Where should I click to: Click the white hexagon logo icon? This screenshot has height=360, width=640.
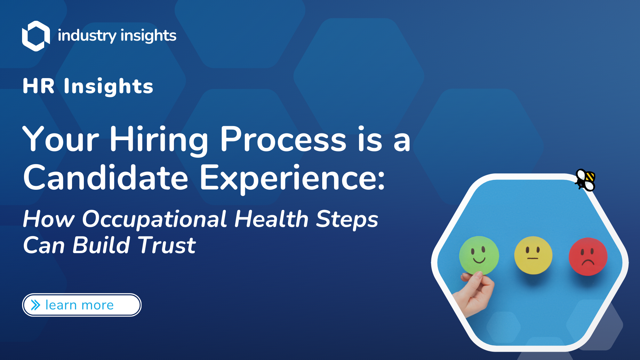click(36, 36)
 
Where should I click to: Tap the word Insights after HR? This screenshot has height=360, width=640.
click(108, 86)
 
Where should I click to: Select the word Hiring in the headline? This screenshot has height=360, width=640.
click(159, 140)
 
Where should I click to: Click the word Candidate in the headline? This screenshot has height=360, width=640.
click(106, 178)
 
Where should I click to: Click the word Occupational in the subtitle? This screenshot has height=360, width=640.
click(154, 220)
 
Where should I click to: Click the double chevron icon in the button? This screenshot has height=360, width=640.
click(36, 305)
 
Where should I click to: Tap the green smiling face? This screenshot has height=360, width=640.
click(479, 255)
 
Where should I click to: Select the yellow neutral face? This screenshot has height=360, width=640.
click(533, 255)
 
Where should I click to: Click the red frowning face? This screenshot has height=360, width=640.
click(588, 256)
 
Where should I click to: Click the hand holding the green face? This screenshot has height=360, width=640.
click(475, 294)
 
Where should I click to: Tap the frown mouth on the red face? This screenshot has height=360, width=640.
click(588, 263)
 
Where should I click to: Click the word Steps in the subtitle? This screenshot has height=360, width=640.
click(347, 220)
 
